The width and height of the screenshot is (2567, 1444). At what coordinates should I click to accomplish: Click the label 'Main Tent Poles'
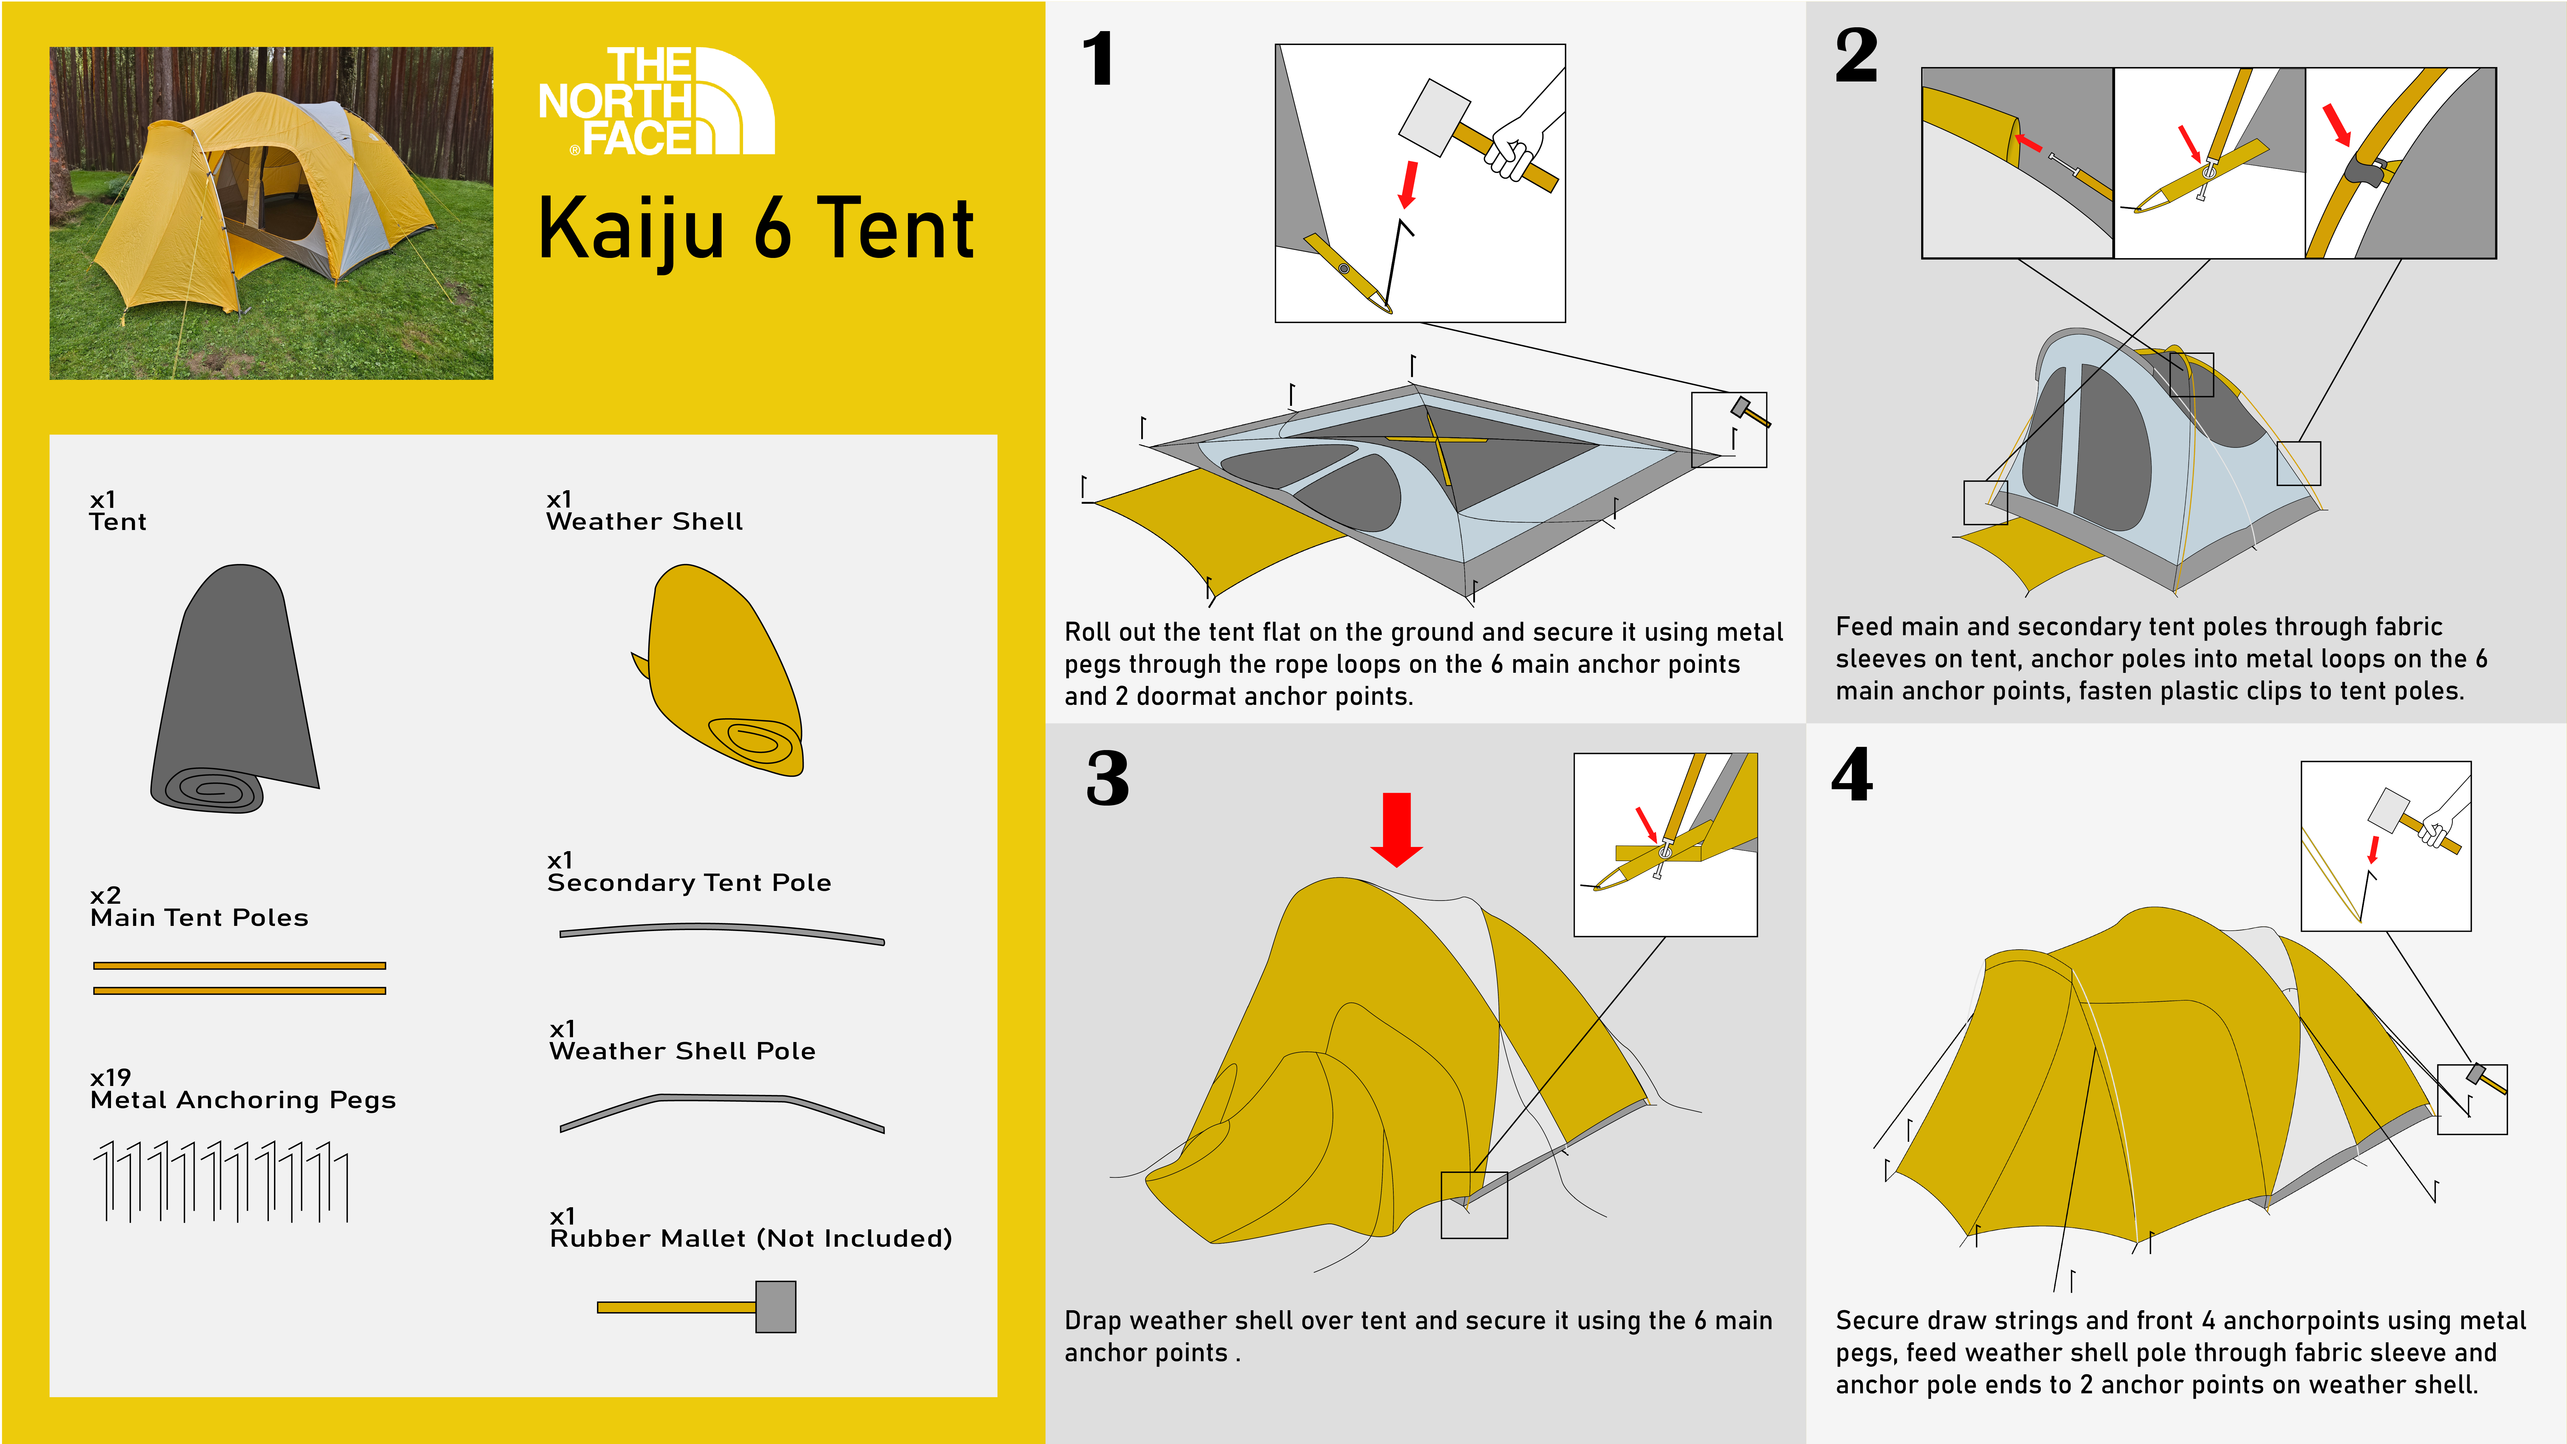(199, 918)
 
